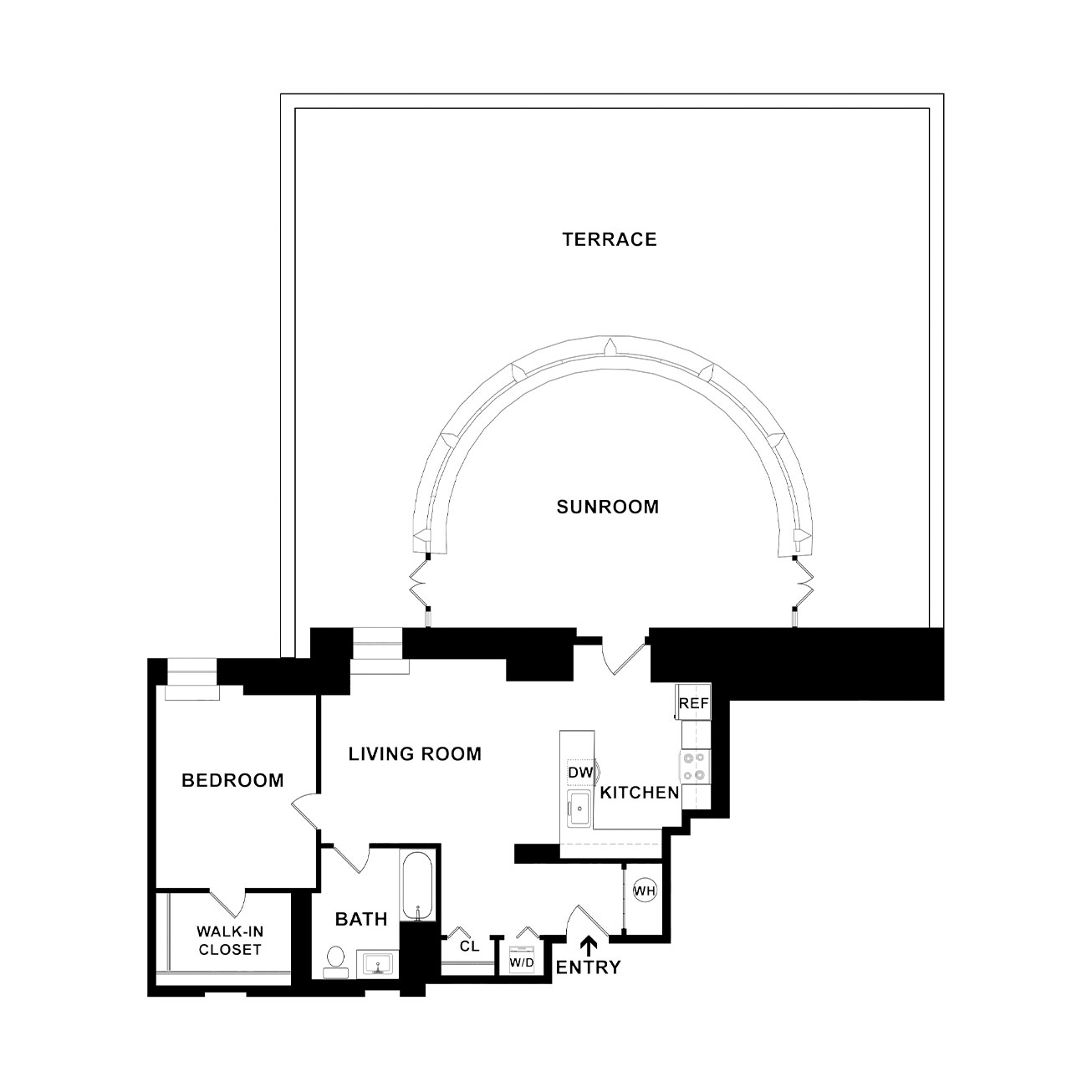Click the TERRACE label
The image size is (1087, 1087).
point(610,239)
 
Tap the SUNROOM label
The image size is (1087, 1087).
point(608,507)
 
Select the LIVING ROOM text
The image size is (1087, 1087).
point(415,753)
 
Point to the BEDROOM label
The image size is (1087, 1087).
point(232,780)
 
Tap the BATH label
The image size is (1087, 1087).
point(361,919)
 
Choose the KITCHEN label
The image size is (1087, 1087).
point(639,793)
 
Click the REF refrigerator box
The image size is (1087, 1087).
point(693,702)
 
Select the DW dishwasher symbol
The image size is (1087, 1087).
point(580,773)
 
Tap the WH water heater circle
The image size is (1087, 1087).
point(645,891)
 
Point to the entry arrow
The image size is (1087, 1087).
point(589,946)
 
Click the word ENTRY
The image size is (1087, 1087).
point(589,967)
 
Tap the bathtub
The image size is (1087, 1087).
point(418,894)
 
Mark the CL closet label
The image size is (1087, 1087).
point(469,946)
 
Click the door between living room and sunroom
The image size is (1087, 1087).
point(623,656)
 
